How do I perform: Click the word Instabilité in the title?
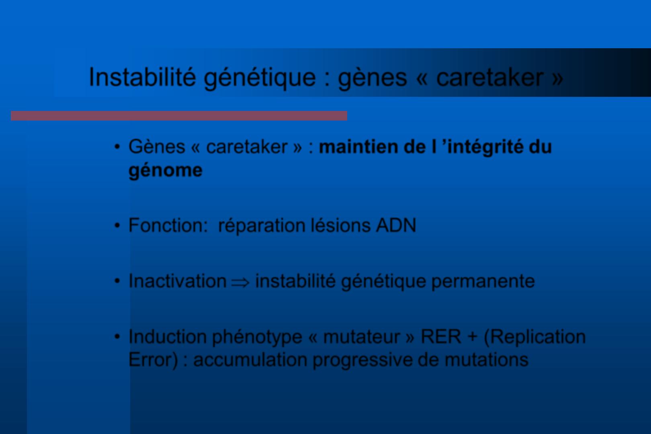[142, 77]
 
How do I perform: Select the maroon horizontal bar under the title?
[179, 116]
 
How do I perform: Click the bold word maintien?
[358, 147]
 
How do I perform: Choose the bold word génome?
[166, 170]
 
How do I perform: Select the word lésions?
[341, 225]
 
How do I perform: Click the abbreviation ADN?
[396, 225]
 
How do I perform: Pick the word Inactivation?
[177, 281]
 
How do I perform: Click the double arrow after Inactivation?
[240, 282]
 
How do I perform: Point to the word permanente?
[483, 281]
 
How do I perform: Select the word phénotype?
[257, 337]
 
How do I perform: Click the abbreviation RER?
[441, 337]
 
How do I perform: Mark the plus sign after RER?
[472, 337]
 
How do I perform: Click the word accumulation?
[250, 360]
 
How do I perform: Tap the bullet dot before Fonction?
[117, 225]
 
